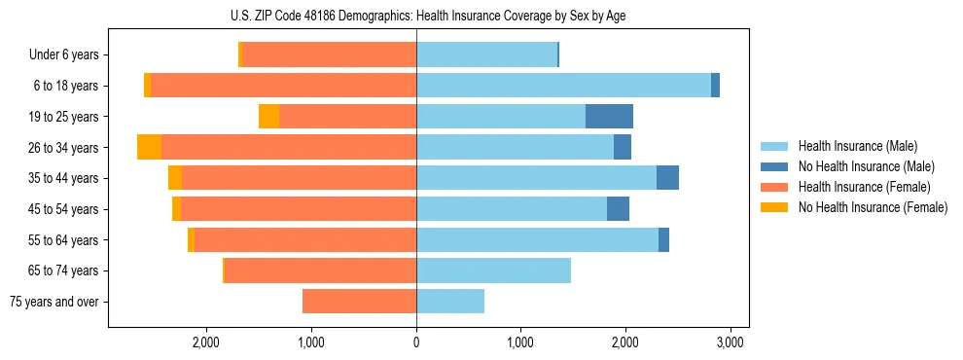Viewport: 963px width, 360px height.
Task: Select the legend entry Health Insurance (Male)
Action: (x=856, y=146)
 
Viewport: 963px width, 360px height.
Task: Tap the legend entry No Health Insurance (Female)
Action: (x=872, y=207)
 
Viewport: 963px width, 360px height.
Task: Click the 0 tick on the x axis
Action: (x=416, y=342)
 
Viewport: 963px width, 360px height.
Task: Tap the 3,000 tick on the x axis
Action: (x=730, y=342)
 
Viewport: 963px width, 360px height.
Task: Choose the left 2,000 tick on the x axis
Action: (x=206, y=342)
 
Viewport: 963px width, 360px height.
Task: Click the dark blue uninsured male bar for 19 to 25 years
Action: (x=609, y=117)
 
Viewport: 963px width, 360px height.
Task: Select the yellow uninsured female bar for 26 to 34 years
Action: (x=150, y=147)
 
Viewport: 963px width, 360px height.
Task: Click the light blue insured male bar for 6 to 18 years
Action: (x=563, y=86)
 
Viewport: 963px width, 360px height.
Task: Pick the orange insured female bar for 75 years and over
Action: (x=359, y=302)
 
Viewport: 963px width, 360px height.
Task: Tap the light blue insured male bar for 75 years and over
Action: (x=450, y=302)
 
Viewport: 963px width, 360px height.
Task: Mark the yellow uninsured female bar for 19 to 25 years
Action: (x=269, y=117)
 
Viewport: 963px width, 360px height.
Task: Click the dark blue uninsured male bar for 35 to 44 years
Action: (x=667, y=178)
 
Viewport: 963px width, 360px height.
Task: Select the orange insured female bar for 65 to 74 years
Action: (x=320, y=270)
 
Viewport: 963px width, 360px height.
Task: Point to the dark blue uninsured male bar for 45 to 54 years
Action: (x=618, y=209)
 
